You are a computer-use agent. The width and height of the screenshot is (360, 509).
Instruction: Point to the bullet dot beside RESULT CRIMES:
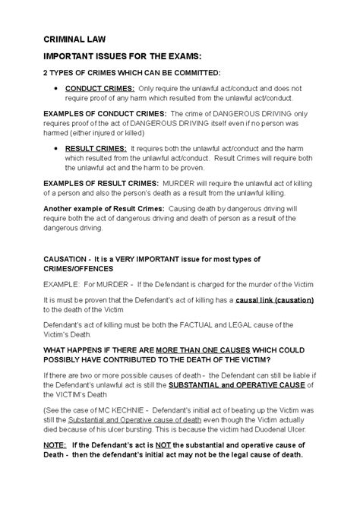coord(58,148)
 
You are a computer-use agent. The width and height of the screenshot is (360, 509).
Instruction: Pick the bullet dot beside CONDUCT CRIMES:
coord(58,89)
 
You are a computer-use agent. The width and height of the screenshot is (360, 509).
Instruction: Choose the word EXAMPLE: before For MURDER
coord(62,284)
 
